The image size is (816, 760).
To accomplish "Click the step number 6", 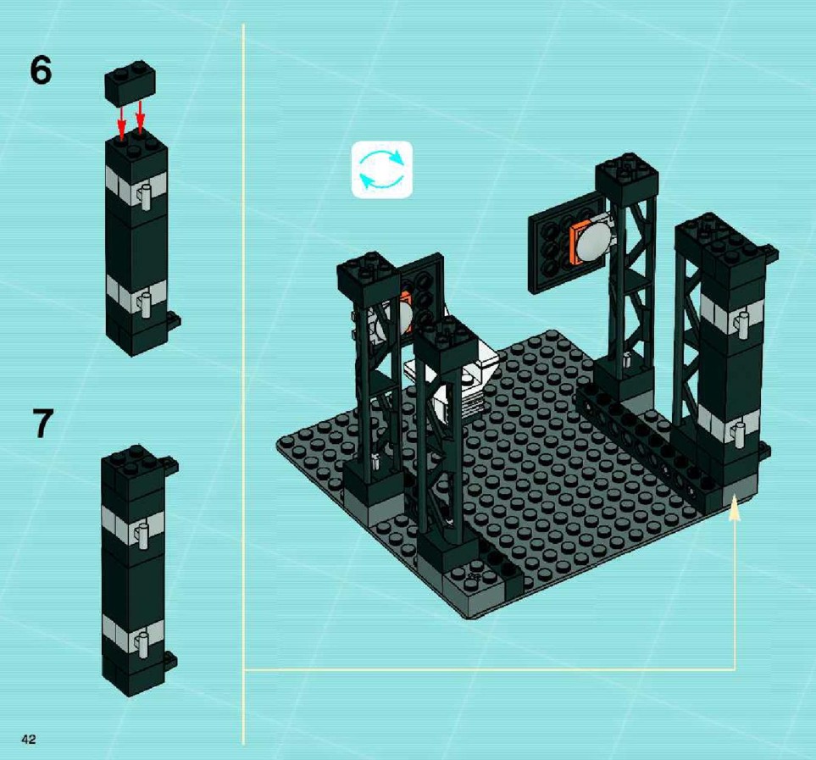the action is pyautogui.click(x=42, y=70).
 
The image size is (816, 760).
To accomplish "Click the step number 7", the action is pyautogui.click(x=42, y=423).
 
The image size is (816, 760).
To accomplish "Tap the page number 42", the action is pyautogui.click(x=29, y=739).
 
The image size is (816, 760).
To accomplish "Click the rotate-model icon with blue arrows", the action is pyautogui.click(x=382, y=169).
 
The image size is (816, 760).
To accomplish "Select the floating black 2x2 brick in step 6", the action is pyautogui.click(x=130, y=83).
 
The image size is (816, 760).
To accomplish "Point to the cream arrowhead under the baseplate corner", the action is pyautogui.click(x=735, y=508).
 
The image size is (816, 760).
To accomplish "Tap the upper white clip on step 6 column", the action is pyautogui.click(x=145, y=196).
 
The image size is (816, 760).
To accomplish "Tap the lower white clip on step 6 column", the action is pyautogui.click(x=145, y=304).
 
